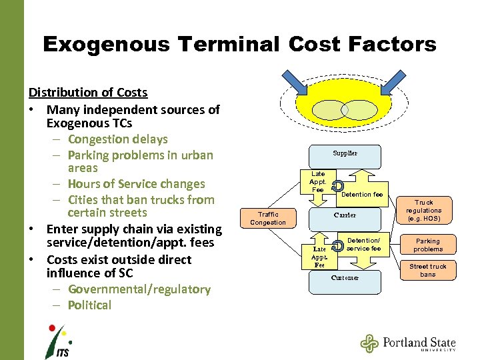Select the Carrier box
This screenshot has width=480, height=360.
click(345, 215)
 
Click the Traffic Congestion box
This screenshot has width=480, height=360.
click(268, 219)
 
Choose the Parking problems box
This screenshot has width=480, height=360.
click(428, 245)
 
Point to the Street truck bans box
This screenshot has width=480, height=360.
click(428, 270)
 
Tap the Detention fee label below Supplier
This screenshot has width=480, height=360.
click(362, 195)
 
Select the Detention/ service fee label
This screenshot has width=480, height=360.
click(364, 245)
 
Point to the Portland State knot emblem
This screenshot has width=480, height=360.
click(369, 343)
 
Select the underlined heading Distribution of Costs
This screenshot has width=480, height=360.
click(88, 93)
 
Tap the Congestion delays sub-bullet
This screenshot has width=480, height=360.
click(117, 139)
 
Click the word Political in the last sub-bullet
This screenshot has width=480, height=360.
click(89, 305)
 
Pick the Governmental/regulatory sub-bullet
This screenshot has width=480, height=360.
click(139, 289)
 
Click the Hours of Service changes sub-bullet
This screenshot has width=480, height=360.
click(136, 184)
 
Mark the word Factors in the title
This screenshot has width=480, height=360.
click(395, 45)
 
